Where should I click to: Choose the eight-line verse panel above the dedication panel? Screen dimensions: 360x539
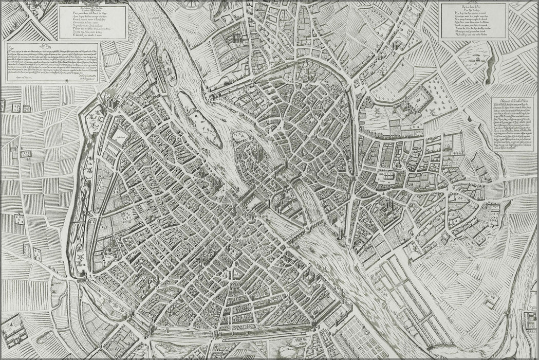point(92,22)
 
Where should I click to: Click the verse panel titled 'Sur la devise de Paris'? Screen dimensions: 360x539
point(474,20)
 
